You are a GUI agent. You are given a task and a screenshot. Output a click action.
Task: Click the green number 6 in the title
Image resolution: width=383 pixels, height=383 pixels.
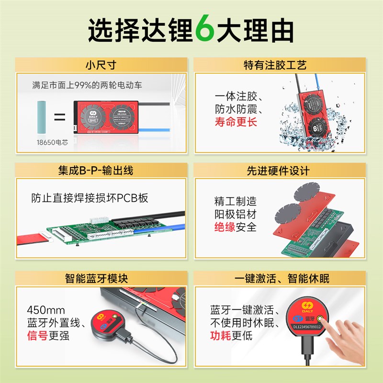pos(204,30)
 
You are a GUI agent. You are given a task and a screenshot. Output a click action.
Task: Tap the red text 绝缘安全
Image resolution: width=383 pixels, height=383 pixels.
pos(235,227)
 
